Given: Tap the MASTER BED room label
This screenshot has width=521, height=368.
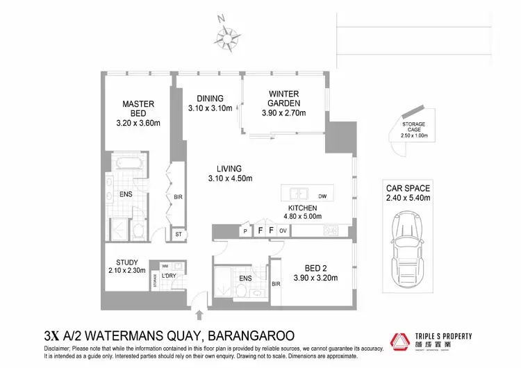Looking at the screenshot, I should [138, 114].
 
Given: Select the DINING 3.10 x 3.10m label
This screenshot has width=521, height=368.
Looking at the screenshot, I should [209, 103].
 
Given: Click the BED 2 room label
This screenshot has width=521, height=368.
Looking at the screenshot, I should [320, 273].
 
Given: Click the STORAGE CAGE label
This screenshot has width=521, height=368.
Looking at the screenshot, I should [414, 131].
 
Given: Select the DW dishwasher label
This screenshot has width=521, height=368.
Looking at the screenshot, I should [322, 196].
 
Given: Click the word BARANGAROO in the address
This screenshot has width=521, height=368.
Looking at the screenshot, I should [247, 335].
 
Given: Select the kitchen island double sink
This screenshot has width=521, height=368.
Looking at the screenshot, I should [298, 194].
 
